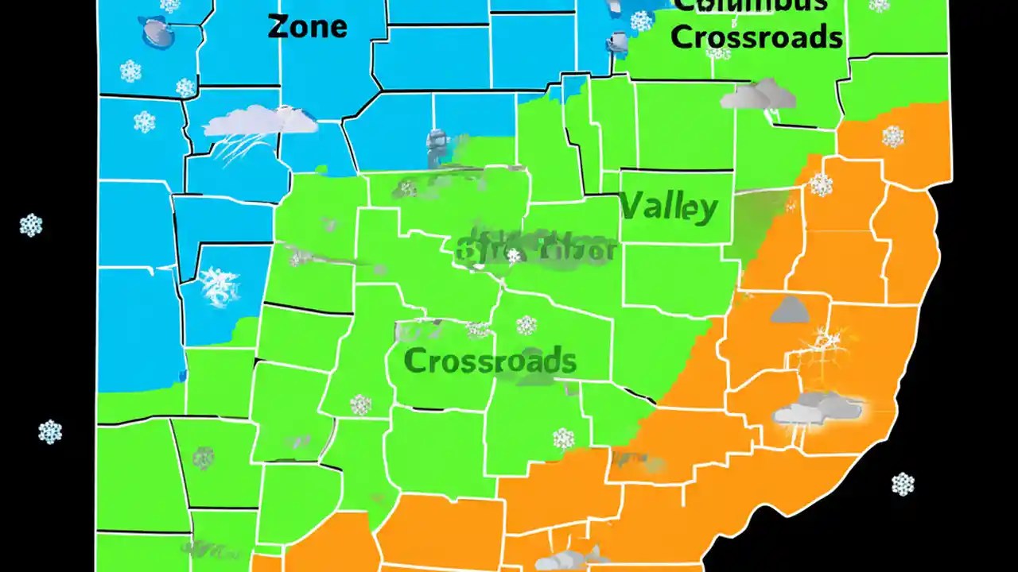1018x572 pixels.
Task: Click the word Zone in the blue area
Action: pyautogui.click(x=307, y=26)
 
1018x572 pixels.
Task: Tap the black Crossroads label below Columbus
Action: pyautogui.click(x=756, y=37)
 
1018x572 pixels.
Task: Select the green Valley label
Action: pyautogui.click(x=668, y=208)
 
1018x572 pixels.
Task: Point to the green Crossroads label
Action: pyautogui.click(x=490, y=361)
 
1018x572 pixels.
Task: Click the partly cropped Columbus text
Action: pyautogui.click(x=749, y=6)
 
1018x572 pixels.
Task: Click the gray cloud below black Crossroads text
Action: pyautogui.click(x=758, y=95)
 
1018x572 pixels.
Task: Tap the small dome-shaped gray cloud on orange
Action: pyautogui.click(x=789, y=310)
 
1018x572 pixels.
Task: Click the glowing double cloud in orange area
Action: pyautogui.click(x=818, y=409)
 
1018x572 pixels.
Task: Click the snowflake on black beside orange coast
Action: pyautogui.click(x=902, y=483)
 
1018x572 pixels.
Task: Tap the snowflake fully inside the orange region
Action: pyautogui.click(x=892, y=137)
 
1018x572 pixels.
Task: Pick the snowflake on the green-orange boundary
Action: pyautogui.click(x=821, y=185)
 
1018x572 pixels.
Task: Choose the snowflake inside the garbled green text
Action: pyautogui.click(x=514, y=256)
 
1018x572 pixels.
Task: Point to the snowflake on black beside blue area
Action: pyautogui.click(x=31, y=225)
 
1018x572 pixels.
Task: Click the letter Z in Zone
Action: pyautogui.click(x=278, y=26)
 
